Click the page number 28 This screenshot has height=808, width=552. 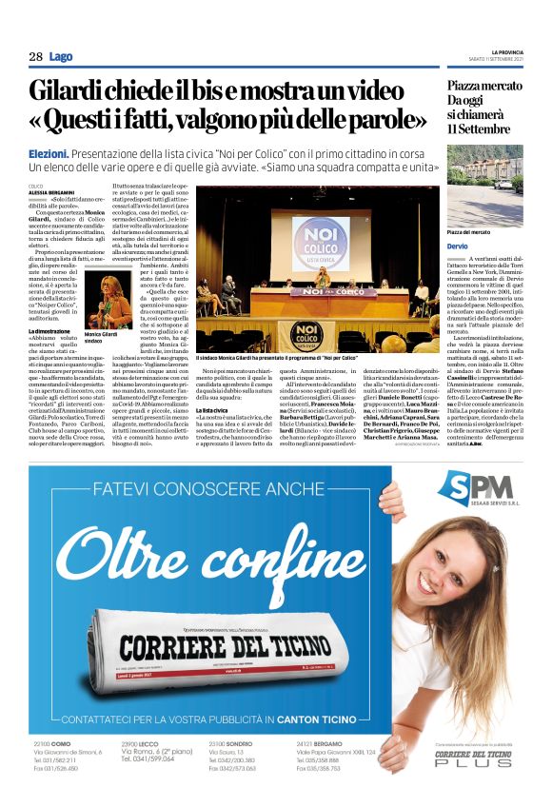35,57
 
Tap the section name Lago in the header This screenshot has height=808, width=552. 61,57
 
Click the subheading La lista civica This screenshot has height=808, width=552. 215,409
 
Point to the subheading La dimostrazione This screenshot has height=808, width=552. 51,330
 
